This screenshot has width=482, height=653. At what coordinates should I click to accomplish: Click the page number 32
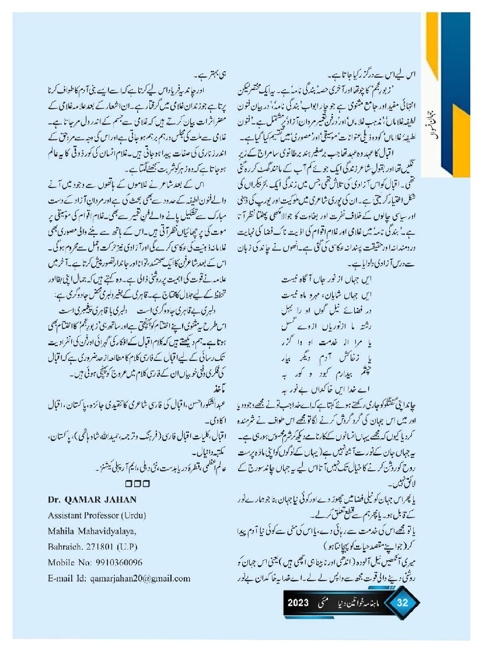pos(402,603)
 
